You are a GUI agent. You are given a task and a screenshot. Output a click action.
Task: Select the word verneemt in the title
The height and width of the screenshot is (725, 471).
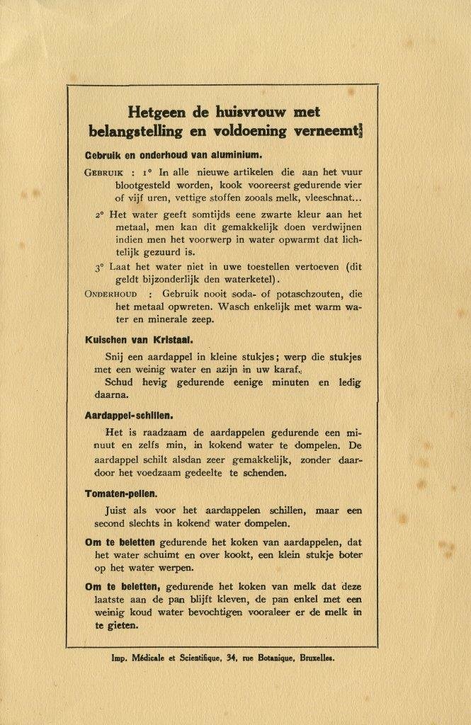coord(327,131)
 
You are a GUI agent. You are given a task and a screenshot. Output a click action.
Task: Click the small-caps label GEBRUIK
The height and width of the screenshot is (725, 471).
coord(105,172)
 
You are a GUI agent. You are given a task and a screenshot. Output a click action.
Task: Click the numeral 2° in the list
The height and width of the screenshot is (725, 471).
coord(101,213)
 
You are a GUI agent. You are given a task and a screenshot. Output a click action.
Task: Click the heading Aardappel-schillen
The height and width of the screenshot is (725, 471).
coord(129,416)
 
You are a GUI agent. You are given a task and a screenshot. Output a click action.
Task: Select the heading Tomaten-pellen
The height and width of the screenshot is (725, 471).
coord(120,492)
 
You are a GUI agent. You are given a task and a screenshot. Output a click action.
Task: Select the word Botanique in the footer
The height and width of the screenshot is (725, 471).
coord(273,658)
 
